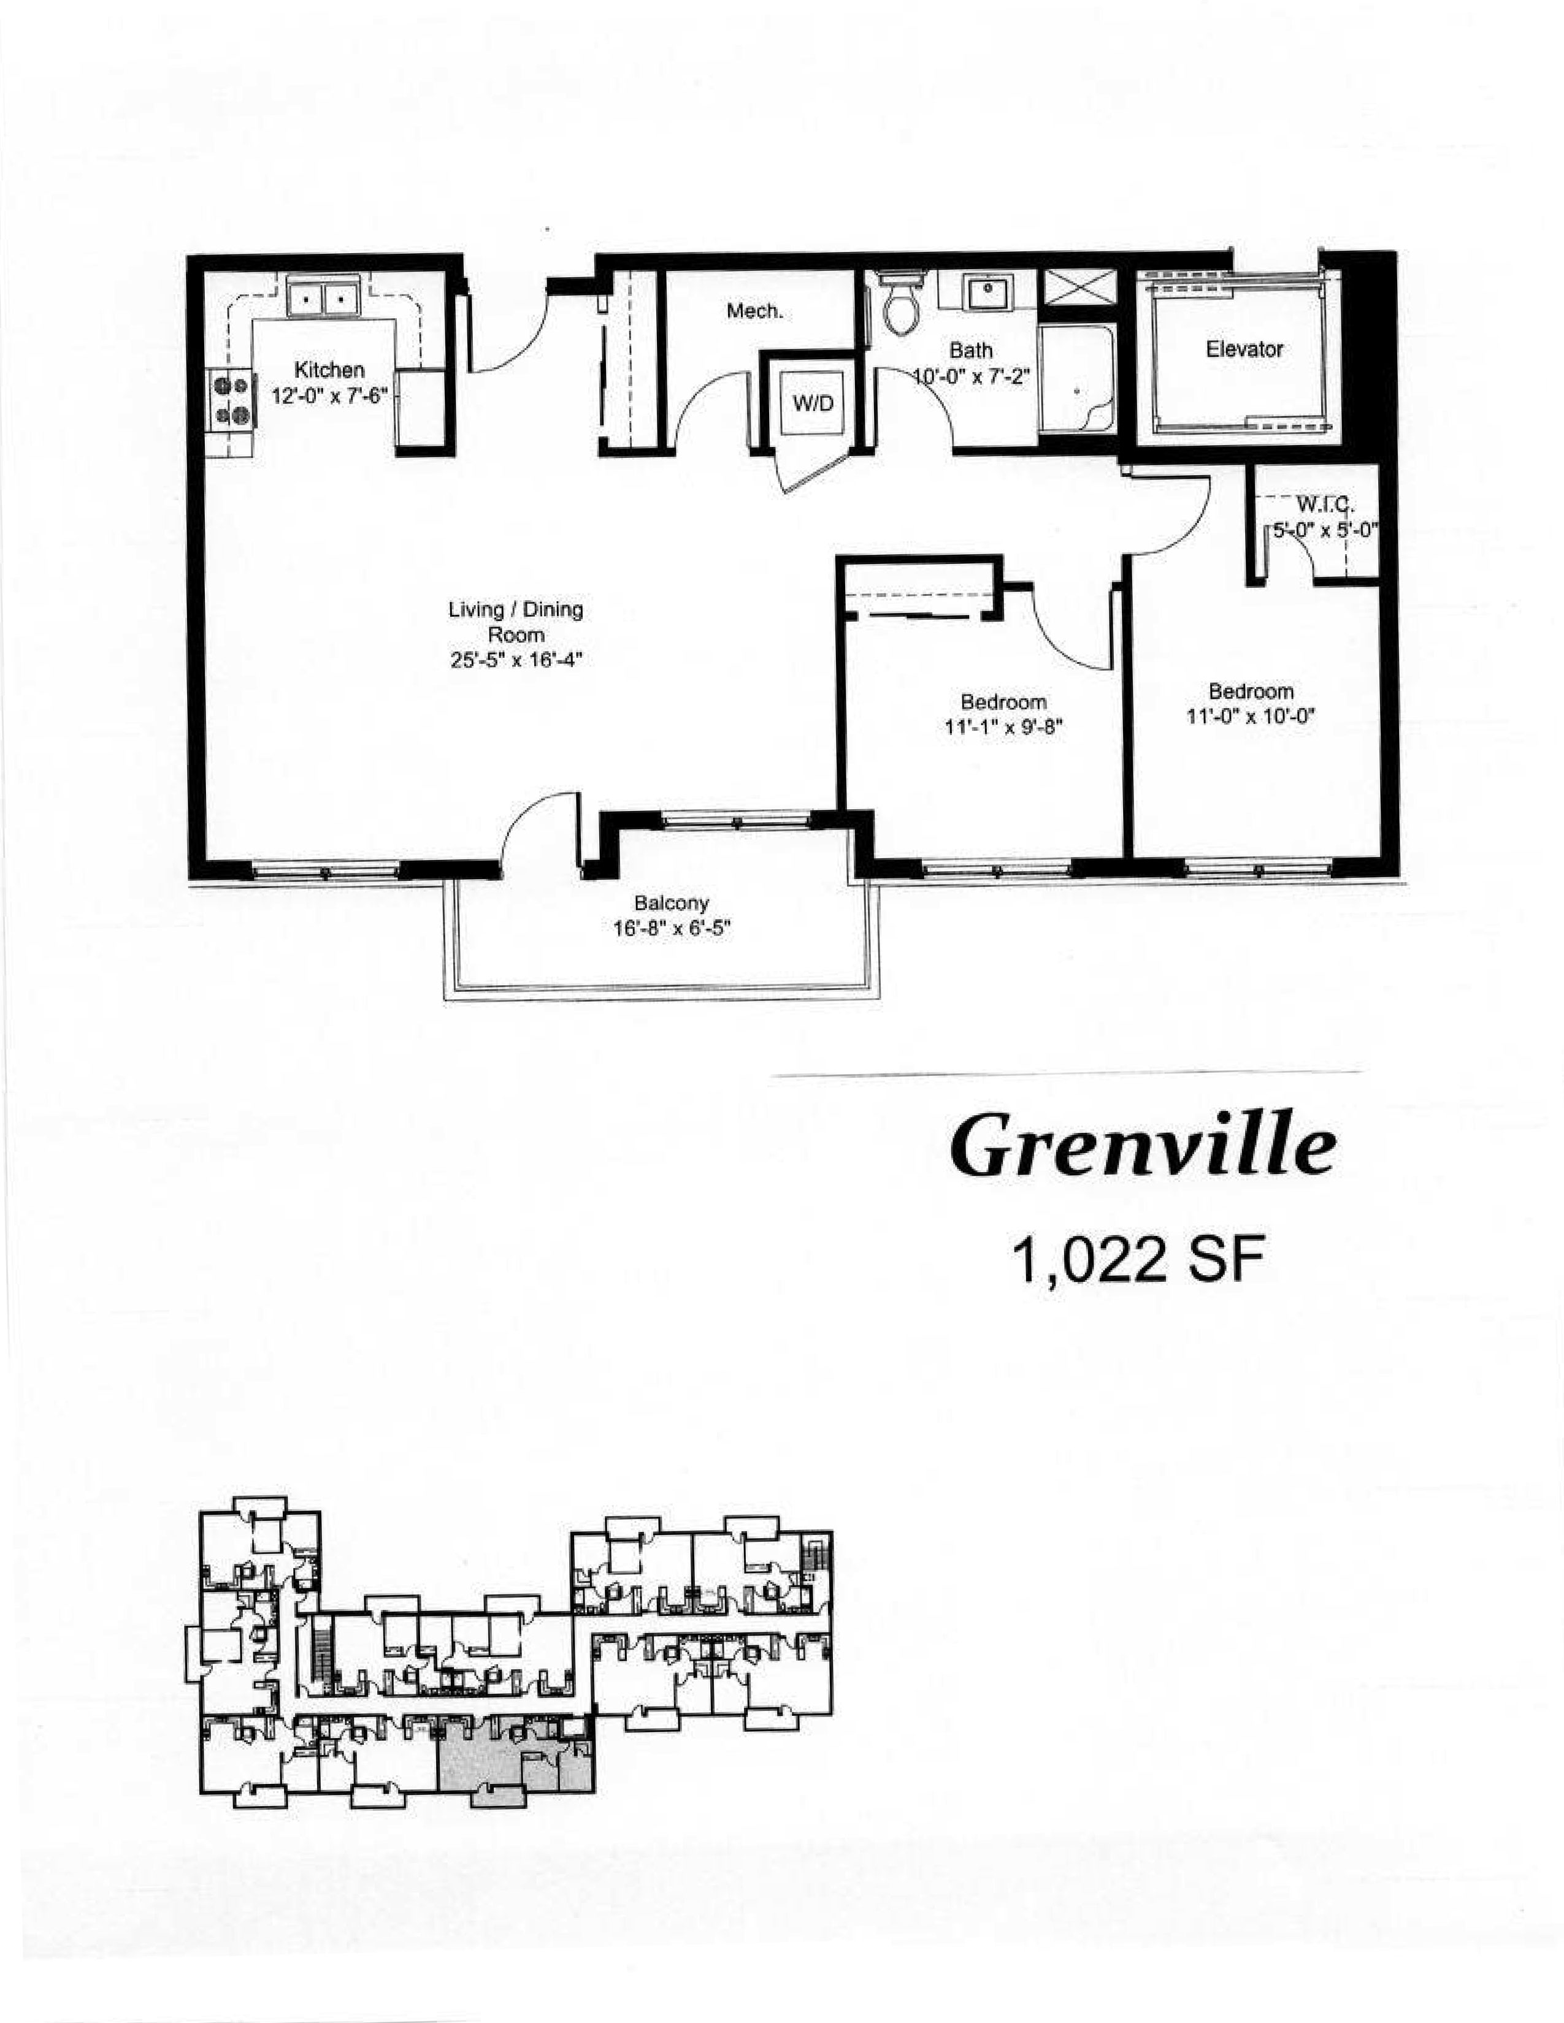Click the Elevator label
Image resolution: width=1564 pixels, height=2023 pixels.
click(x=1244, y=349)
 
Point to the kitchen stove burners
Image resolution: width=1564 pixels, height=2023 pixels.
click(x=232, y=399)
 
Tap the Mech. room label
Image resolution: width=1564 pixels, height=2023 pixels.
click(x=754, y=312)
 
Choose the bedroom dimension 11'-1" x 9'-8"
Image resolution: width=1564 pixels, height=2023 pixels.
click(x=1003, y=727)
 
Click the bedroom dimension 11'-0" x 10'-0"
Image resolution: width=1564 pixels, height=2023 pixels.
click(x=1251, y=716)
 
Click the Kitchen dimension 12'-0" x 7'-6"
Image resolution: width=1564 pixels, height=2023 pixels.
click(x=329, y=395)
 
